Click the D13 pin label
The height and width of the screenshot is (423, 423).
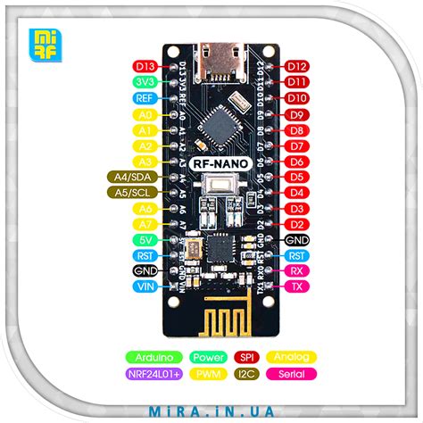[x=145, y=66]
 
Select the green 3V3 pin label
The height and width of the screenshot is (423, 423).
[x=145, y=82]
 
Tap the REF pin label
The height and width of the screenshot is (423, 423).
[x=145, y=98]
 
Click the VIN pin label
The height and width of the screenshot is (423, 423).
[x=145, y=286]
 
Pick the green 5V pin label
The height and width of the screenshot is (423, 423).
[x=145, y=239]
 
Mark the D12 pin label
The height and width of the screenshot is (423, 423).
[x=298, y=66]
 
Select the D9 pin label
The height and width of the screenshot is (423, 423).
[x=298, y=114]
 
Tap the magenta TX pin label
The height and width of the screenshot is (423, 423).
[x=298, y=286]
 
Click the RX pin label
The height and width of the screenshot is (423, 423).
[x=298, y=270]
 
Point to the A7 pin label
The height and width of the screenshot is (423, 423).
[x=145, y=223]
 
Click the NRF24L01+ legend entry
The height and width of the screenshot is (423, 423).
[x=155, y=373]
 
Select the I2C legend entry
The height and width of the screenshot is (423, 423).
[x=248, y=373]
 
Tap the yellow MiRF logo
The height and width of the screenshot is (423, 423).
[x=44, y=42]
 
